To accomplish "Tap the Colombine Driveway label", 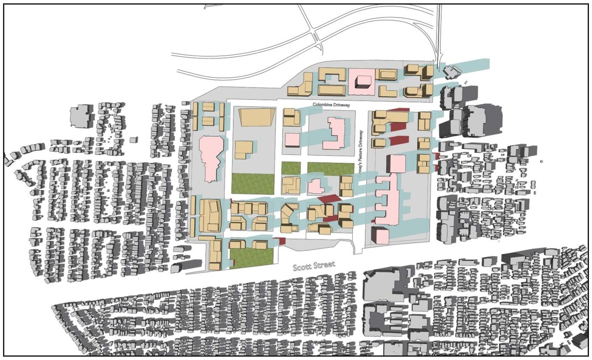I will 331,105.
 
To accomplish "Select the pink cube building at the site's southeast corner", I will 380,235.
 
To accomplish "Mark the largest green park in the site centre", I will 253,183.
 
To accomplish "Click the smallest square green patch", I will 290,168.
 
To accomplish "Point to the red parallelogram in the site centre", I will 328,198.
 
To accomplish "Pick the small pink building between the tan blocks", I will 316,186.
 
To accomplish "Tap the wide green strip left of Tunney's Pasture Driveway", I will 333,168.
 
